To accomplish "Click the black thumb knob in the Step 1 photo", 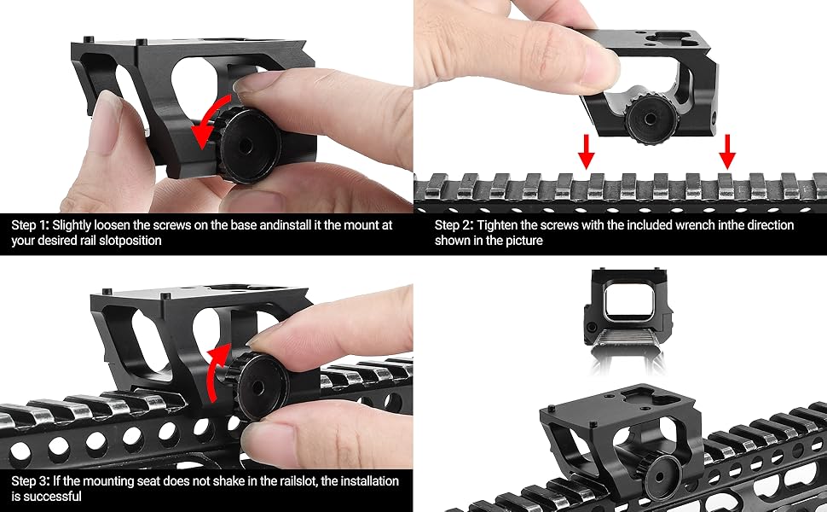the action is pos(248,145).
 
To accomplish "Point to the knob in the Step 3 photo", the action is pos(257,386).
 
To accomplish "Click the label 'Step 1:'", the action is pos(30,225).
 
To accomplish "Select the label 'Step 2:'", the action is pos(454,225).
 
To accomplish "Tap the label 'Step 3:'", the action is pos(31,481).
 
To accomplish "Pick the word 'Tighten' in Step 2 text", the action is pos(498,226).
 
